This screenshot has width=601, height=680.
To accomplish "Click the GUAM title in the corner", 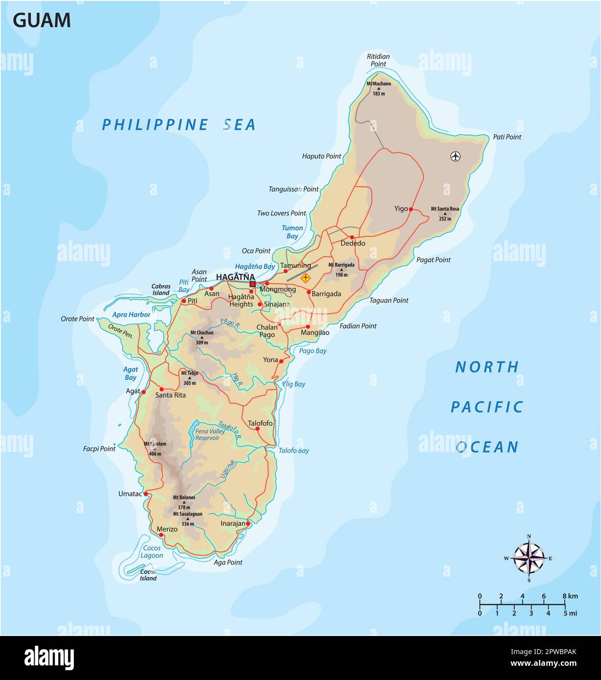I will point(42,21).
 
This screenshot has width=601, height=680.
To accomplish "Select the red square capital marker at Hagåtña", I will point(252,284).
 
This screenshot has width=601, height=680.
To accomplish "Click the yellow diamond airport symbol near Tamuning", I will point(306,278).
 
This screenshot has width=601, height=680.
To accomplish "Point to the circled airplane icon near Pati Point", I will point(455,156).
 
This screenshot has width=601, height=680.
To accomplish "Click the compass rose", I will point(529,558).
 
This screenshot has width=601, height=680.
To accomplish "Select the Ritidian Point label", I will point(378,60).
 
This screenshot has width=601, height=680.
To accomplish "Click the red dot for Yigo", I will point(411,209).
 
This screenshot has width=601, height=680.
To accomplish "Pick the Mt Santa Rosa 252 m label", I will point(445,213).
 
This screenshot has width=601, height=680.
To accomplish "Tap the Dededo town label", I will point(353,243).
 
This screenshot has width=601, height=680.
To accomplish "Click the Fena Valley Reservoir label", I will point(210,434).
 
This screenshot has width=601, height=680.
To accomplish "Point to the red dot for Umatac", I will point(146,494).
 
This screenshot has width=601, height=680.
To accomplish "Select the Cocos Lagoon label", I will point(152,552).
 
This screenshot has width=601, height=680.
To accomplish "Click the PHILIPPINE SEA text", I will point(178,125).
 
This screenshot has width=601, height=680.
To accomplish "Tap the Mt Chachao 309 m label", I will point(201,337).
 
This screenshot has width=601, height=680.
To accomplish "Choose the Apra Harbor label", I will point(131,315).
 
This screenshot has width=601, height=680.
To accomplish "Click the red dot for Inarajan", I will point(247,523).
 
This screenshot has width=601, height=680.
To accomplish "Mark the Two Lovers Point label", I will point(281,213).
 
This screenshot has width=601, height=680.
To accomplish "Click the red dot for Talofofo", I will point(258,429).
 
